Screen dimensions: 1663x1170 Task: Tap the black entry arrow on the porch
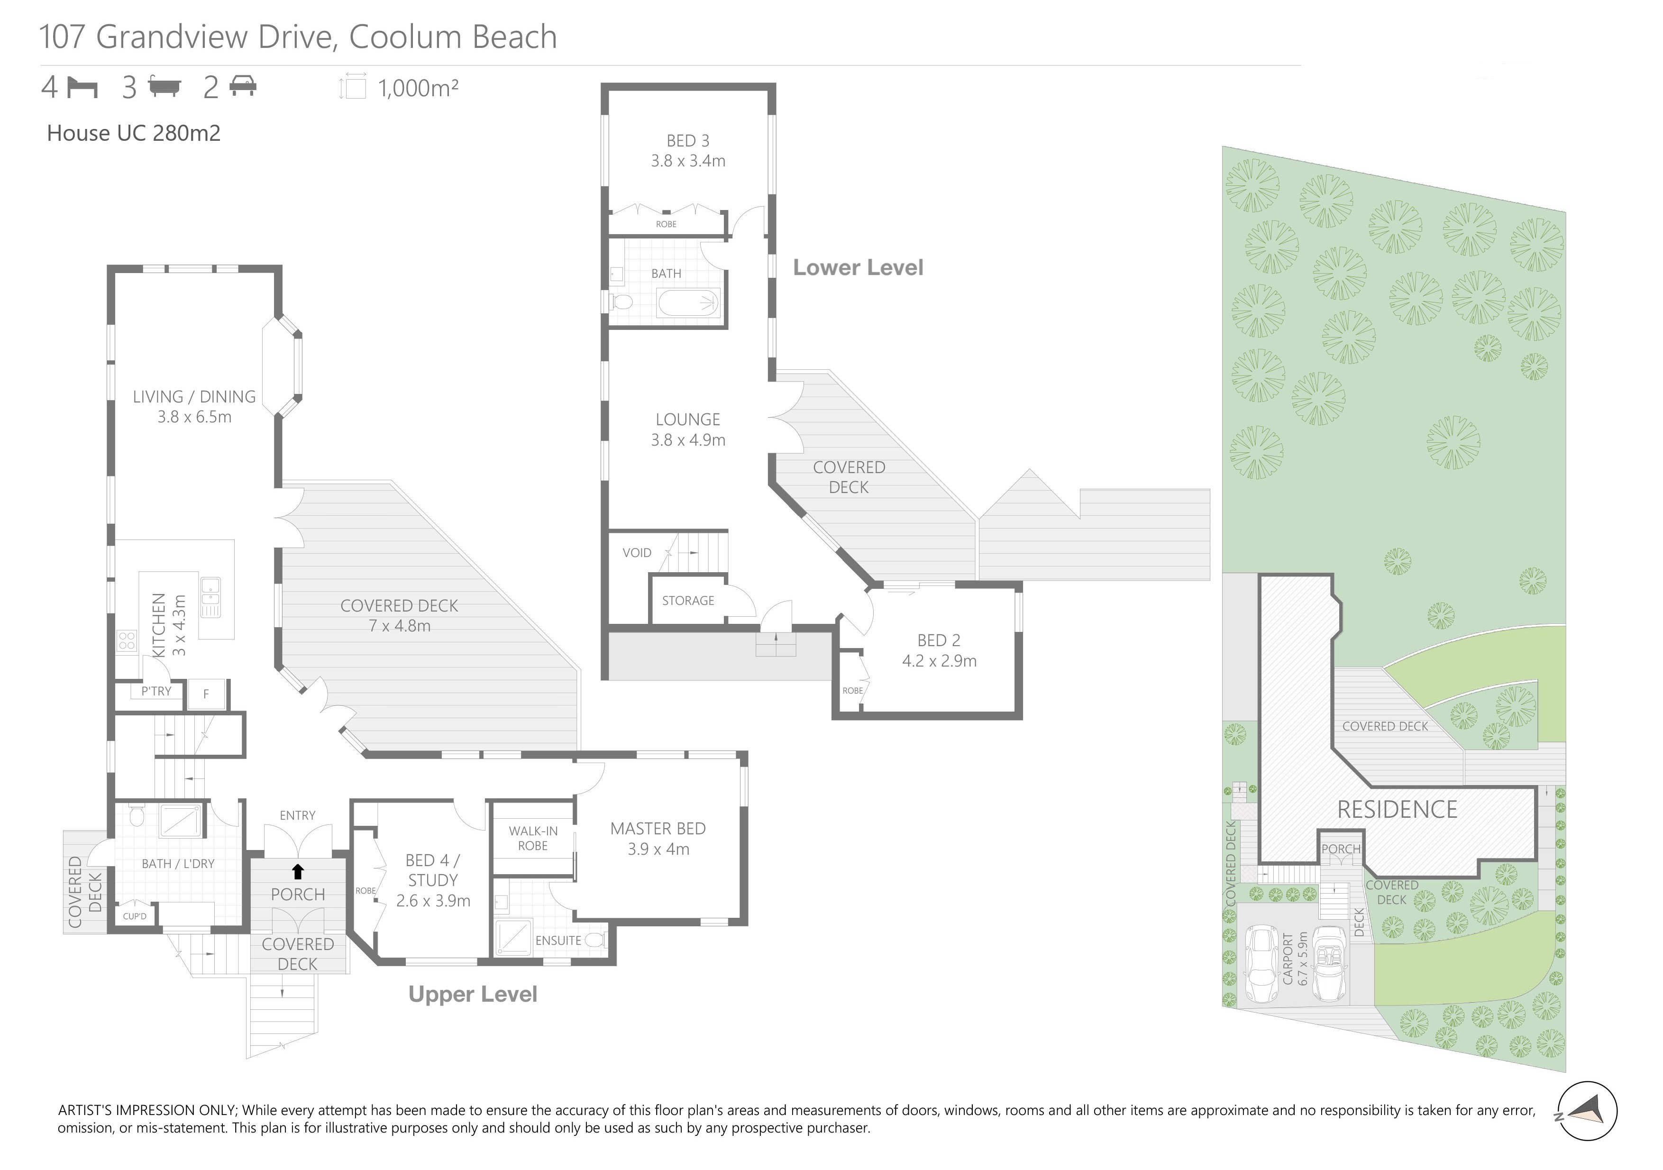click(298, 871)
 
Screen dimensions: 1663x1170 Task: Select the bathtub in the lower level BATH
click(688, 303)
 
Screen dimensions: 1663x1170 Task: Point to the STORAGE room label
click(688, 601)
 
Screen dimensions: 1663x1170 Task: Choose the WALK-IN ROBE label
click(533, 838)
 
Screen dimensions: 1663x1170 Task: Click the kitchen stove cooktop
click(127, 641)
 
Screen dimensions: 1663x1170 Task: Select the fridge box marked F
click(206, 694)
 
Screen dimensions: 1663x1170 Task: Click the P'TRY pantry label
click(156, 691)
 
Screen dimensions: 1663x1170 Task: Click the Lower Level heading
click(859, 267)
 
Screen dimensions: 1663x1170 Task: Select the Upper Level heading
click(473, 994)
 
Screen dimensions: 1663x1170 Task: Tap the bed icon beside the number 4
click(82, 88)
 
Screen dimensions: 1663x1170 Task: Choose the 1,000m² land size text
click(419, 88)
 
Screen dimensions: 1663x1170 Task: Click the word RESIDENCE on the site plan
click(1397, 809)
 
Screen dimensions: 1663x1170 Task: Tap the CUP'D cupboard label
click(135, 916)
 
